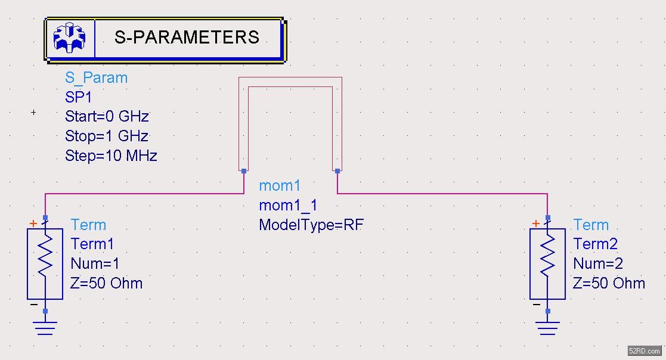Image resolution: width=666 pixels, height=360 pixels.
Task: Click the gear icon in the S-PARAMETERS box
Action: pos(70,38)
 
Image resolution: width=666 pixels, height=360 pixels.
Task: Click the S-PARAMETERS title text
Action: pos(187,38)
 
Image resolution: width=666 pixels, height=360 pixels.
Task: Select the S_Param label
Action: pos(96,78)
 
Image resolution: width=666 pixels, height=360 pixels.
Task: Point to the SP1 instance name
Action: pos(79,97)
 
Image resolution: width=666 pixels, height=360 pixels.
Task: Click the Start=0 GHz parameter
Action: pos(107,116)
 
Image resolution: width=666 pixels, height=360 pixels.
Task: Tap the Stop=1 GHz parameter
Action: pos(107,136)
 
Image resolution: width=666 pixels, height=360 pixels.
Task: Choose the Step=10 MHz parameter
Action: pos(111,156)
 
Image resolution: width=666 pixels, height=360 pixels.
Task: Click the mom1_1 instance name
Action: pos(288,206)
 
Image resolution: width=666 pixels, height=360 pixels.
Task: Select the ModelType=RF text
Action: pos(311,225)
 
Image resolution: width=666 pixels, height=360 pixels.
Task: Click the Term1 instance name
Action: pos(92,244)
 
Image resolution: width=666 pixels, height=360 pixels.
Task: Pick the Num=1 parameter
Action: pos(95,264)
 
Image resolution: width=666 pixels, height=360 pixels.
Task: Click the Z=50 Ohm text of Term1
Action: pos(106,283)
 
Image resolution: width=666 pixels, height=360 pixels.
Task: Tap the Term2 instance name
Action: pos(595,244)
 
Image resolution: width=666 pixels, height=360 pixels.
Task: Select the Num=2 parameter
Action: pos(599,264)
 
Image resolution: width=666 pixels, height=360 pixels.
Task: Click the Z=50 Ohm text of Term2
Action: pos(609,283)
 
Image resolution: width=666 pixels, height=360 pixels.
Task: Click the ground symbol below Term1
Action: pos(45,327)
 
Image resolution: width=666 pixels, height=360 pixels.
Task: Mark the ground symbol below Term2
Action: pos(547,327)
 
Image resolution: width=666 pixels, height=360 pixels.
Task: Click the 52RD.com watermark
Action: pos(645,351)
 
